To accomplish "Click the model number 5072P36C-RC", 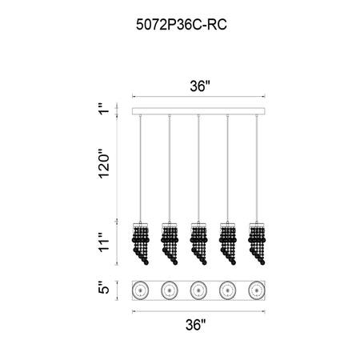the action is pyautogui.click(x=182, y=25).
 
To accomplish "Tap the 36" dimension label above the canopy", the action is pyautogui.click(x=200, y=86).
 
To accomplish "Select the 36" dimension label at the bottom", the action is pyautogui.click(x=196, y=325).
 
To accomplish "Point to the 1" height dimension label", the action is pyautogui.click(x=104, y=108).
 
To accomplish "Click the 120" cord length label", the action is pyautogui.click(x=104, y=163).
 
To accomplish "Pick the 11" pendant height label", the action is pyautogui.click(x=104, y=242).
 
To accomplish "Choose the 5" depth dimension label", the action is pyautogui.click(x=104, y=287).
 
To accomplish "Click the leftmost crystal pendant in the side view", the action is pyautogui.click(x=141, y=243).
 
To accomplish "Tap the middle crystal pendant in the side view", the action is pyautogui.click(x=198, y=243).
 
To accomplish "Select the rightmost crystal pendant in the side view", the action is pyautogui.click(x=257, y=243).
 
